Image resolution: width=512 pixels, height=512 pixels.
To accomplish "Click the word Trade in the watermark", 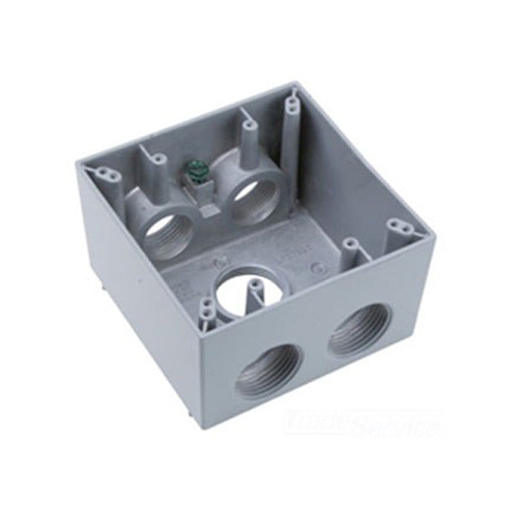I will pyautogui.click(x=312, y=422).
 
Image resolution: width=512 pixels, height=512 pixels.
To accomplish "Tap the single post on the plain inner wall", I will pyautogui.click(x=351, y=246).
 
